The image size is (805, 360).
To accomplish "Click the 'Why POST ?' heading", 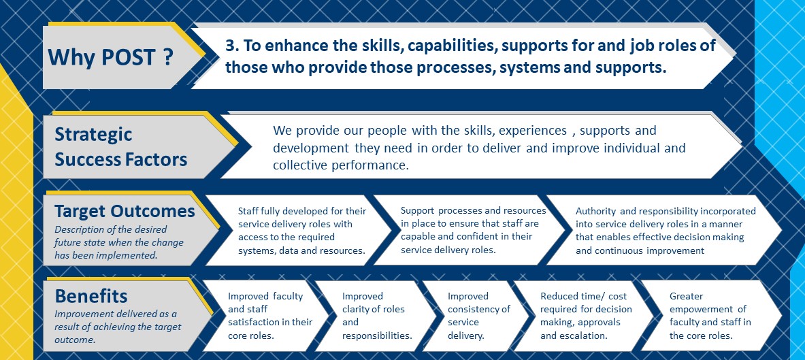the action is [x=110, y=56].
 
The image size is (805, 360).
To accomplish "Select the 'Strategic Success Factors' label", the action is [x=121, y=147].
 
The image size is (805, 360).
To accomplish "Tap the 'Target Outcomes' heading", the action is [x=125, y=211].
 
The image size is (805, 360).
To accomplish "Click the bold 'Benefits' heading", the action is [x=91, y=296].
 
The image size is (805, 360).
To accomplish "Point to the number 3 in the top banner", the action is [x=229, y=46].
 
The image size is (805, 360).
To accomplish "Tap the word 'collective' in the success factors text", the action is [x=298, y=165].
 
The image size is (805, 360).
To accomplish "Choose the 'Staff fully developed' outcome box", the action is [x=299, y=231].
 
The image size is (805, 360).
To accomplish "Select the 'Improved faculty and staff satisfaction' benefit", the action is [x=267, y=316].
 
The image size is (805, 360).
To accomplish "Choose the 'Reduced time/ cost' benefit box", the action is [x=585, y=316].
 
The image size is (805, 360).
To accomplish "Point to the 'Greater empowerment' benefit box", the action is [x=712, y=316].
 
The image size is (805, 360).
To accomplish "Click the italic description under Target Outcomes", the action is [x=119, y=242].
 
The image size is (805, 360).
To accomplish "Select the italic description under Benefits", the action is [x=118, y=327].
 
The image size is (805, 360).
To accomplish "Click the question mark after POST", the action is [x=167, y=56].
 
